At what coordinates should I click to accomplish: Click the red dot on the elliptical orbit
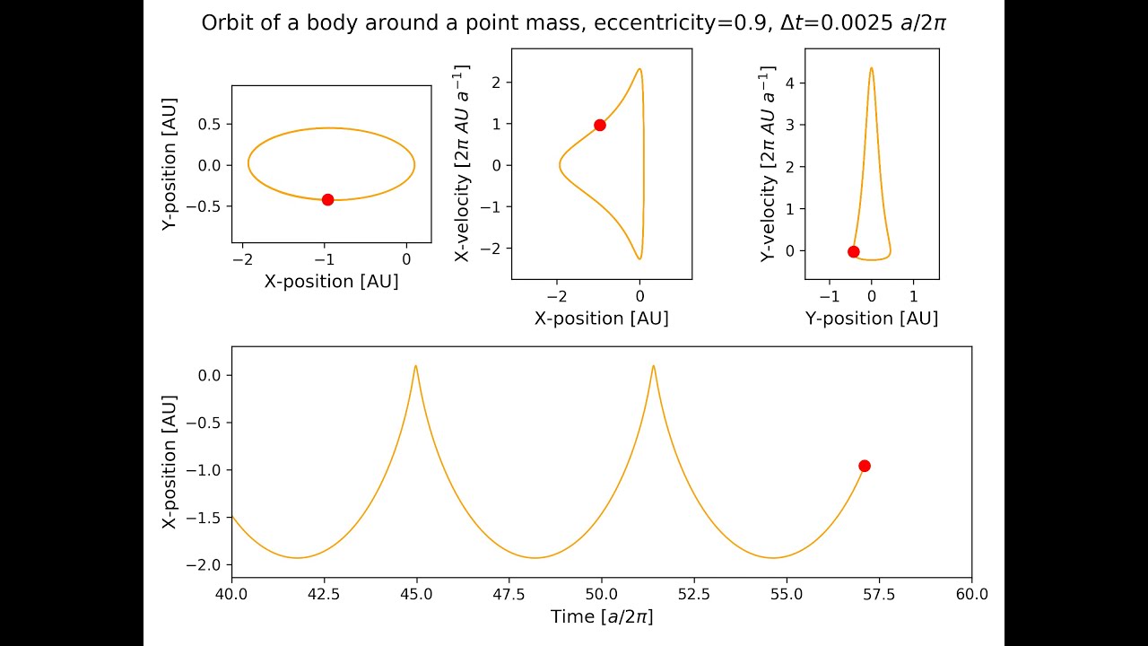327,199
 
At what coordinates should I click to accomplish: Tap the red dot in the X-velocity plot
599,125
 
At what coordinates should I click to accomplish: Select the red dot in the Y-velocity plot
853,251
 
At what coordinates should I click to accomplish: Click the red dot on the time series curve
864,465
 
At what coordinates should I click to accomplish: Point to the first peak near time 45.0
415,366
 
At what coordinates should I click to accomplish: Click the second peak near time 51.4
653,366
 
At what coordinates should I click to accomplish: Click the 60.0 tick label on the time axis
971,594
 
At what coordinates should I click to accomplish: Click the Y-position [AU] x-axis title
871,319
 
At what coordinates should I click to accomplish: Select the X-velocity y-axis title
463,163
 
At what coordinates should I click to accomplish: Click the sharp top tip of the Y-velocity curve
871,68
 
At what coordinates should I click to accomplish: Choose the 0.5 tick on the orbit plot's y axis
210,124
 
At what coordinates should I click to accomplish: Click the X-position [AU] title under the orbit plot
331,282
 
